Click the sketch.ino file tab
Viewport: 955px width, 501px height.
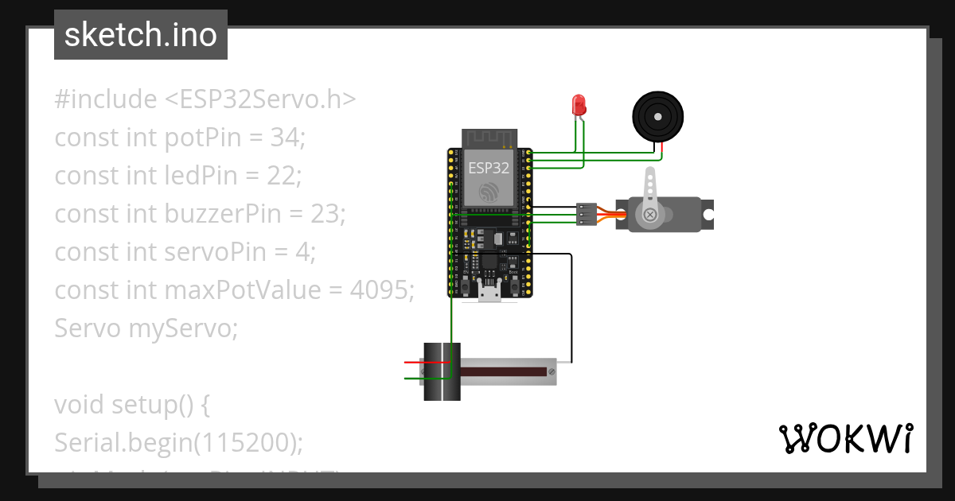[140, 35]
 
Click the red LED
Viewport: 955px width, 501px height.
[579, 104]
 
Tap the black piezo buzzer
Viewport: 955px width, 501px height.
[657, 115]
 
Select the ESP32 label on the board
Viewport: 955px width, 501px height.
[488, 168]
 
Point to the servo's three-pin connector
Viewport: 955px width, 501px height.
[586, 214]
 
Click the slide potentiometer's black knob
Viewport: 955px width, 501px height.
[442, 371]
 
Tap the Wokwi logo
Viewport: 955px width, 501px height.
[845, 438]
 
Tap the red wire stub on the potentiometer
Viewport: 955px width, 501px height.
[415, 363]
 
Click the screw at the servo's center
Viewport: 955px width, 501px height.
[651, 215]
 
